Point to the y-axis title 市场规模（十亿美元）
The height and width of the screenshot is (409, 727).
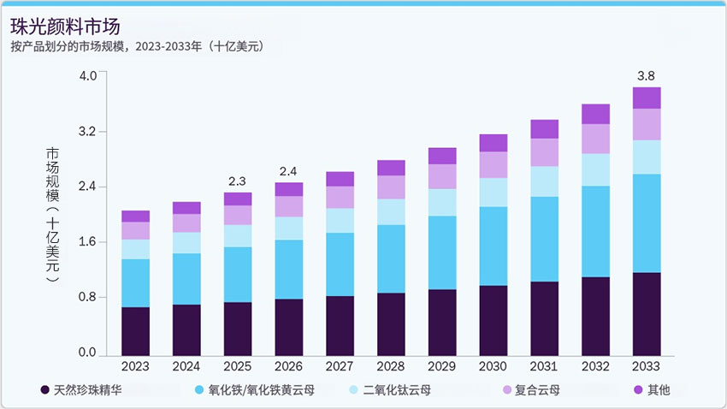[52, 214]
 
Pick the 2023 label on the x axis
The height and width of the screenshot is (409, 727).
[135, 366]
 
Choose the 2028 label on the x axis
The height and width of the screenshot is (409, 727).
[391, 366]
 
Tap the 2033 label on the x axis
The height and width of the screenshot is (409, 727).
[647, 366]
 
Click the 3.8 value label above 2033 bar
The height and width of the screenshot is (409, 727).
[647, 75]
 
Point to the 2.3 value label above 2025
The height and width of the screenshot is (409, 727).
[238, 181]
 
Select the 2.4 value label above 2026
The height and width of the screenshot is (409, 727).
[289, 171]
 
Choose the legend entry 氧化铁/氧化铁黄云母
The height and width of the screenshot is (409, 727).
[261, 391]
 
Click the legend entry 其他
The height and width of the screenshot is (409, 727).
[659, 391]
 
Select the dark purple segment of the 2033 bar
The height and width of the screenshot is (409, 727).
[647, 313]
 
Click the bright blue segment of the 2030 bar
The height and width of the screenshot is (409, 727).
[494, 246]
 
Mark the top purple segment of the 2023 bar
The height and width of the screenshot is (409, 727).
[135, 216]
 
